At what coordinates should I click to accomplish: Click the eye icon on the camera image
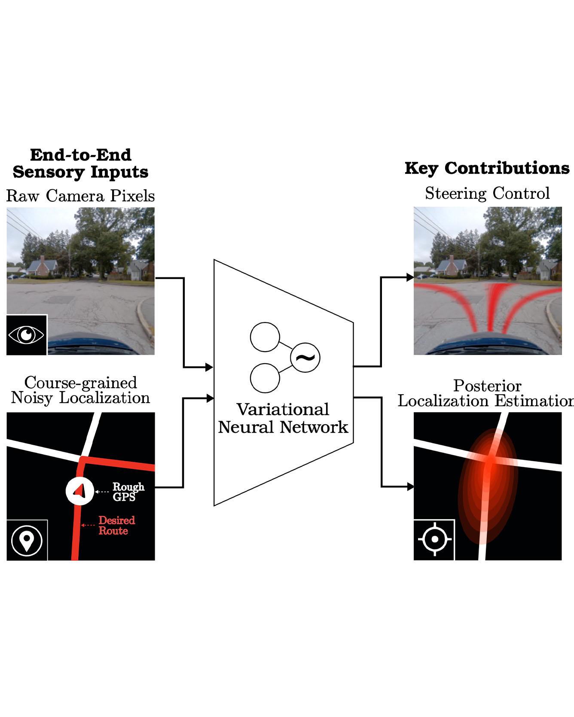click(27, 335)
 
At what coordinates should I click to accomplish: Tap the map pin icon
click(27, 541)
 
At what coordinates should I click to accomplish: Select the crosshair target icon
click(434, 539)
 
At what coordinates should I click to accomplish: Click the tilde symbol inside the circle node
click(305, 357)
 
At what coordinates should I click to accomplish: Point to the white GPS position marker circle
click(79, 491)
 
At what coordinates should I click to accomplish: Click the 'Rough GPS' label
click(128, 492)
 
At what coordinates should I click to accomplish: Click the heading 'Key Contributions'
click(487, 168)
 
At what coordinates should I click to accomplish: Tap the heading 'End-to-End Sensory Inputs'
click(80, 164)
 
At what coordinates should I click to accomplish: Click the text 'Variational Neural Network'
click(283, 418)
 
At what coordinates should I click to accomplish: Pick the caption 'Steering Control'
click(487, 193)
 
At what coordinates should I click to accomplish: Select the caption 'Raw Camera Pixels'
click(80, 196)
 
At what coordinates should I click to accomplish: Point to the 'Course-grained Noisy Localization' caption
click(80, 390)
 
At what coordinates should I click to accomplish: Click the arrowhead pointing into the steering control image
click(410, 277)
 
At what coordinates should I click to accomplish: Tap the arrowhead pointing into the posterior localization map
click(410, 487)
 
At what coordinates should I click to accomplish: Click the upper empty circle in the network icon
click(265, 337)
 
